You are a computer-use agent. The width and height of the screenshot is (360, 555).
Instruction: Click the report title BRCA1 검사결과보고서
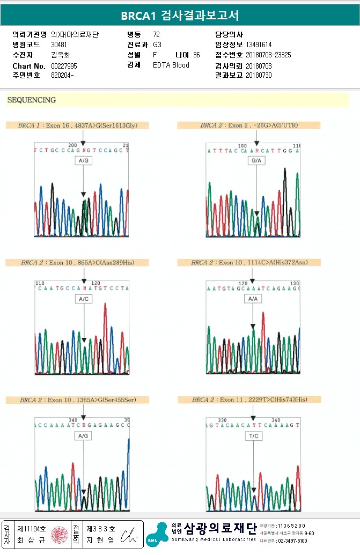tap(180, 16)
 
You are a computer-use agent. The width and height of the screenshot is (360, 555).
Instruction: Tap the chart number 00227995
tap(64, 65)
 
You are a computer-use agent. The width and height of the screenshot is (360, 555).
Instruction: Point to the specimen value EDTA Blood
tap(171, 65)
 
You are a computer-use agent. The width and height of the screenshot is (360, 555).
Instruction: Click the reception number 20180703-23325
tap(268, 55)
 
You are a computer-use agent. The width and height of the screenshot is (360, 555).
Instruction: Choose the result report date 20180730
tap(259, 76)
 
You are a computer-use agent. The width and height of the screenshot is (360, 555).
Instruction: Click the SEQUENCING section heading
tap(32, 100)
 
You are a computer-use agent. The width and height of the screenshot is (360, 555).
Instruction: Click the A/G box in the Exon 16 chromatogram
tap(83, 161)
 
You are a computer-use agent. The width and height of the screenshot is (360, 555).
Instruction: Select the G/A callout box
tap(256, 161)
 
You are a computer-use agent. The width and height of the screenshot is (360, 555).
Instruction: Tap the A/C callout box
tap(83, 299)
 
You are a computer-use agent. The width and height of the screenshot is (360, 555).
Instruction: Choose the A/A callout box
tap(253, 299)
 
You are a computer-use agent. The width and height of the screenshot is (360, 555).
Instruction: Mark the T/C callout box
tap(253, 436)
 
